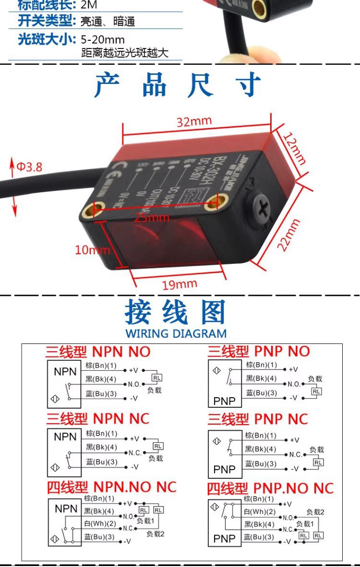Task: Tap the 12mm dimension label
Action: click(294, 148)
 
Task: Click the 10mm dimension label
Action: click(92, 249)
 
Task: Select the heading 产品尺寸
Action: click(178, 85)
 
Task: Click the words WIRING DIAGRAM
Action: click(176, 333)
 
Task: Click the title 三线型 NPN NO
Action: click(98, 352)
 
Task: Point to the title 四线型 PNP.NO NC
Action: click(270, 488)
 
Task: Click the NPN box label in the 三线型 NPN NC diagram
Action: click(65, 437)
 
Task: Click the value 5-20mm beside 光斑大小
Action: click(103, 39)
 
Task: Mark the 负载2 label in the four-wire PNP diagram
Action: click(315, 512)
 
